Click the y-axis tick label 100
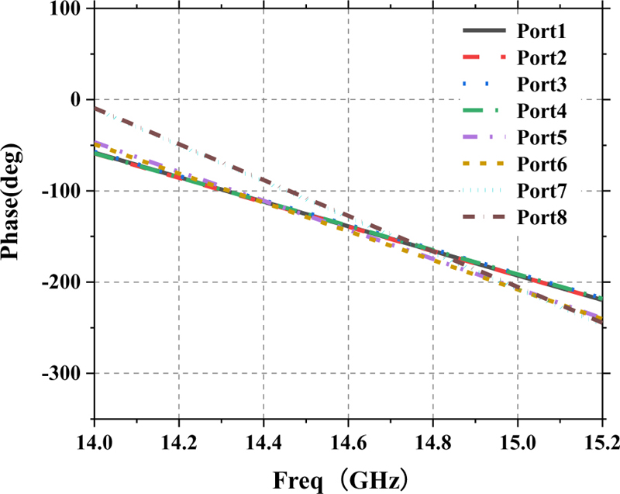point(68,9)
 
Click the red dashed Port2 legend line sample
point(484,58)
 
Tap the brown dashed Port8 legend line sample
point(484,218)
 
